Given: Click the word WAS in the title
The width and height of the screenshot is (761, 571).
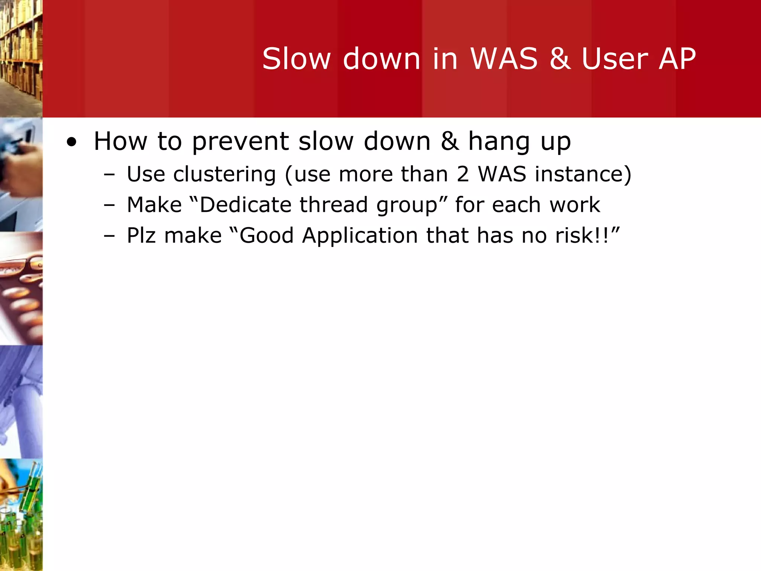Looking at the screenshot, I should pos(504,59).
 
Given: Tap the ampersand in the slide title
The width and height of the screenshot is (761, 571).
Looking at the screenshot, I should pos(560,59).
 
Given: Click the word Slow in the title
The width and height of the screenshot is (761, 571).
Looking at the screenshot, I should pos(296,59).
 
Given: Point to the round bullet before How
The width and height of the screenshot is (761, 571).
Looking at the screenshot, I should pos(71,142).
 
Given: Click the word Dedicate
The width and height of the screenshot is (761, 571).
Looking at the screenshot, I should pos(245,205).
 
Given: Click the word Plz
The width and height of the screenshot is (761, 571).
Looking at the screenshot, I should pos(141,236).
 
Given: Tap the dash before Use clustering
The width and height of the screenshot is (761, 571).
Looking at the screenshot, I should pos(110,175).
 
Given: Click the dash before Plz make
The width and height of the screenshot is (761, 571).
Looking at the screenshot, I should pos(110,236).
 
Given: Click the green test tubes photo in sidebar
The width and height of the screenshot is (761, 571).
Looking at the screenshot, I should pos(21,515).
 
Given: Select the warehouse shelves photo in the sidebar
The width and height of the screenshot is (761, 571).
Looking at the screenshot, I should pos(21,58).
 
